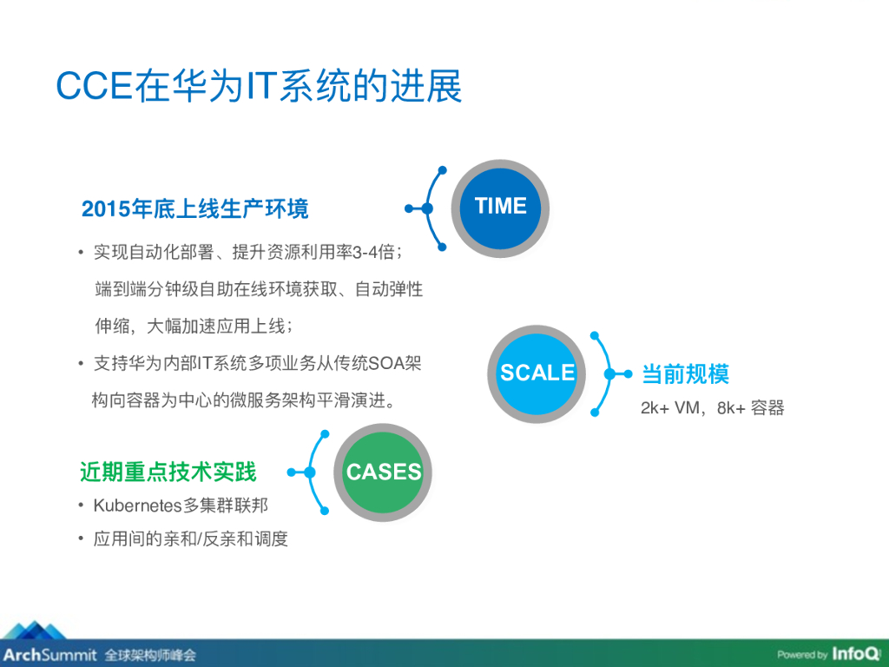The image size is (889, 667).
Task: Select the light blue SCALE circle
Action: coord(537,373)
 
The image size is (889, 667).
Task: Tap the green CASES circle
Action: coord(383,472)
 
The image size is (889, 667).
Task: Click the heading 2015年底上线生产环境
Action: coord(194,209)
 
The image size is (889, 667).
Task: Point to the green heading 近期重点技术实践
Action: coord(168,472)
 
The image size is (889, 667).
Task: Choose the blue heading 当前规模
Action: coord(685,374)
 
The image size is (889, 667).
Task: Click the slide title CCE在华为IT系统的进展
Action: coord(259,88)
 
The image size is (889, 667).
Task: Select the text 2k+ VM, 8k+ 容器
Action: coord(712,408)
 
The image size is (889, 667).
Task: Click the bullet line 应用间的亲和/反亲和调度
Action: coord(190,539)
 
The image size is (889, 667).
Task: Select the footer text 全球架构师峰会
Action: coord(150,654)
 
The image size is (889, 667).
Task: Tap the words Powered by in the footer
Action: coord(802,655)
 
